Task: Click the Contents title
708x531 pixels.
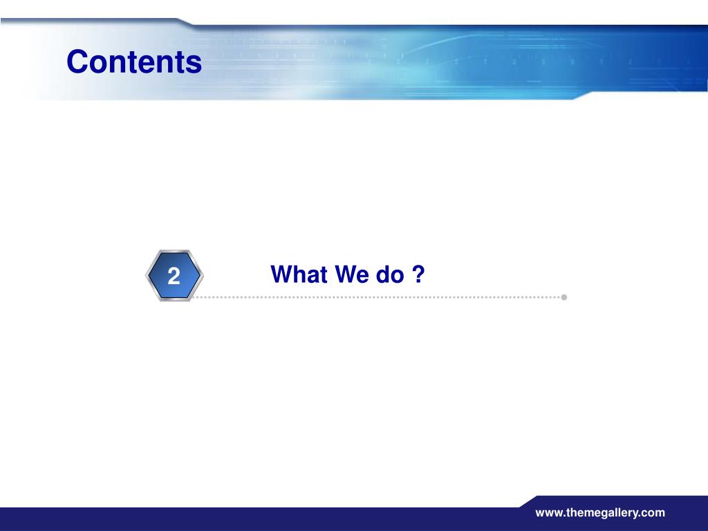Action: pos(134,62)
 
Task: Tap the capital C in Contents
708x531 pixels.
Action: pos(77,62)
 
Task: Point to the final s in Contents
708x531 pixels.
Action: pos(194,64)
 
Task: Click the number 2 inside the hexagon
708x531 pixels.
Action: pos(174,276)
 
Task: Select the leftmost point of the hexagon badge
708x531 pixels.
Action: pos(145,275)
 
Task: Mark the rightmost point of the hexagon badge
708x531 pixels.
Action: pos(204,275)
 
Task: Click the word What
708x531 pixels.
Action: pos(299,274)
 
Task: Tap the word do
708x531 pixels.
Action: pos(390,274)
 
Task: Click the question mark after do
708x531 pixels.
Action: pos(418,274)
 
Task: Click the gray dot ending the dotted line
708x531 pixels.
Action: pos(564,297)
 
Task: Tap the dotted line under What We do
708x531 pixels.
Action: pos(376,297)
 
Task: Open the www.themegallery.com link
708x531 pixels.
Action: pos(600,513)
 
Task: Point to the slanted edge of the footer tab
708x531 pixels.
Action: pos(528,502)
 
